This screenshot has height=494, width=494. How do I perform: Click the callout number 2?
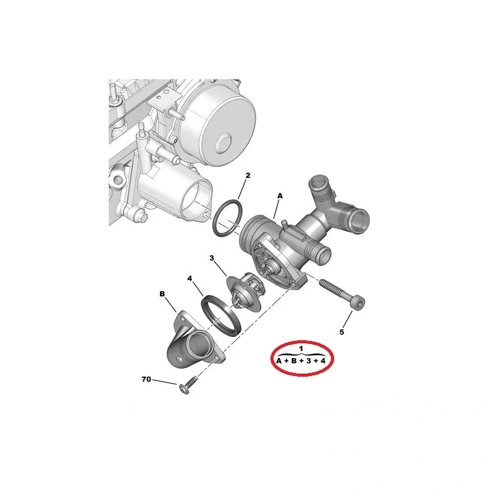click(x=248, y=175)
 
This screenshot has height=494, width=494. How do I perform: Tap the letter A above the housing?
click(x=280, y=196)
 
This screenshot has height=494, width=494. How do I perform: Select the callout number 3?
click(x=212, y=258)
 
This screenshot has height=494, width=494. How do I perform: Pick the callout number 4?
click(x=190, y=278)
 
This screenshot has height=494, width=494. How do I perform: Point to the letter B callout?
click(x=162, y=294)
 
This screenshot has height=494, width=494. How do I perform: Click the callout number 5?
click(x=342, y=332)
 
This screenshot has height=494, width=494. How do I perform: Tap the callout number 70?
click(x=146, y=379)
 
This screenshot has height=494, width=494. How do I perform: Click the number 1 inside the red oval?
click(x=301, y=348)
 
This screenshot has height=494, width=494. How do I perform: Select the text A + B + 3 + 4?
click(x=301, y=361)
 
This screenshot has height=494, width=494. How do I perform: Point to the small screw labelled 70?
click(x=188, y=385)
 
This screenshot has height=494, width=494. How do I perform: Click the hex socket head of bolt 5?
click(x=359, y=303)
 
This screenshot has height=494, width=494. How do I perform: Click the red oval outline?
click(x=272, y=358)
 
